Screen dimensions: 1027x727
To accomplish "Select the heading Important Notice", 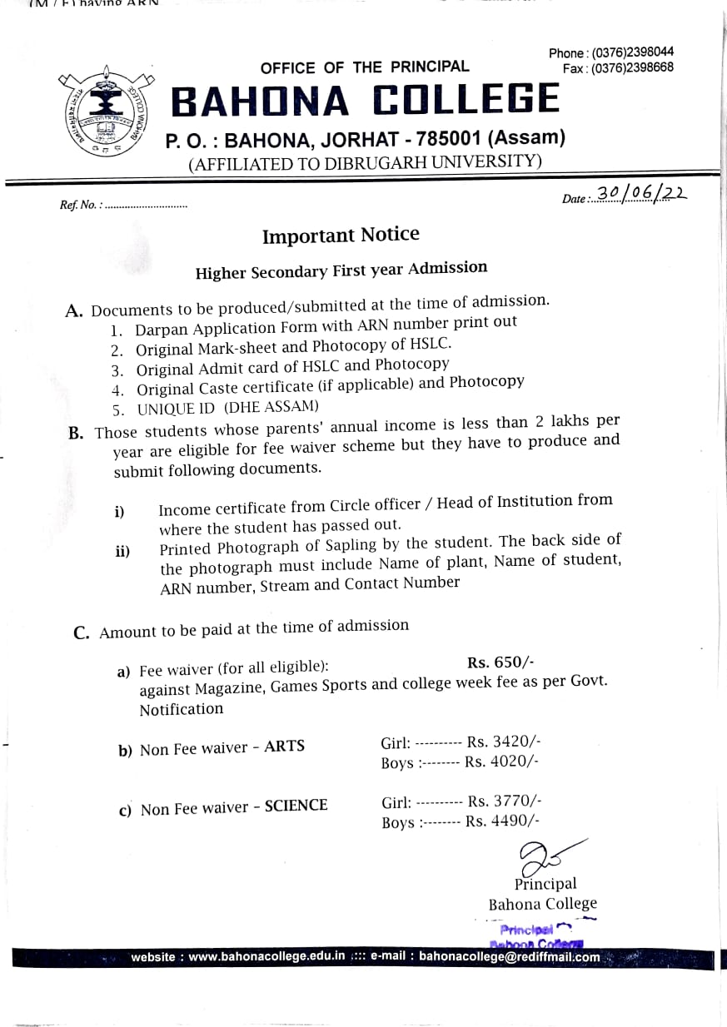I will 341,236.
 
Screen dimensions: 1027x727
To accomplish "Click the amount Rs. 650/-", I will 500,662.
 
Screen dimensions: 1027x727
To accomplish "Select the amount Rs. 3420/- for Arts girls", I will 504,741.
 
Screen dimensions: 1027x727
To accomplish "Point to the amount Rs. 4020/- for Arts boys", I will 502,761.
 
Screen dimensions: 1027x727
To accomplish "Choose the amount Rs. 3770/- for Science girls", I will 505,801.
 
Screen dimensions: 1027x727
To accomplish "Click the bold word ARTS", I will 284,747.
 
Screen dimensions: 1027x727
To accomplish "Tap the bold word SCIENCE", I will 296,806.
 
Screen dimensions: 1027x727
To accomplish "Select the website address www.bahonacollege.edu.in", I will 266,957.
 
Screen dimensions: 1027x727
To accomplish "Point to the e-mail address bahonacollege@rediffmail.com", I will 509,957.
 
